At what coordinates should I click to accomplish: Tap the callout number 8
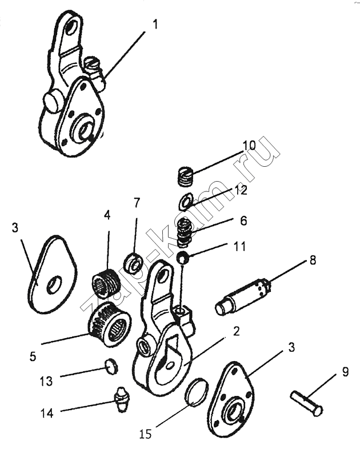313,259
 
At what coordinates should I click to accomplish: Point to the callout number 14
47,412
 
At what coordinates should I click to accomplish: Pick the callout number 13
48,380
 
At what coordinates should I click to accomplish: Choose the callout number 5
33,356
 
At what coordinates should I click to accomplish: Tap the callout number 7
136,202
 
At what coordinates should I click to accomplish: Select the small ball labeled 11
183,258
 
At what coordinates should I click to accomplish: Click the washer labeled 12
185,202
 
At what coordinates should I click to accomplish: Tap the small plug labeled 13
112,366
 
